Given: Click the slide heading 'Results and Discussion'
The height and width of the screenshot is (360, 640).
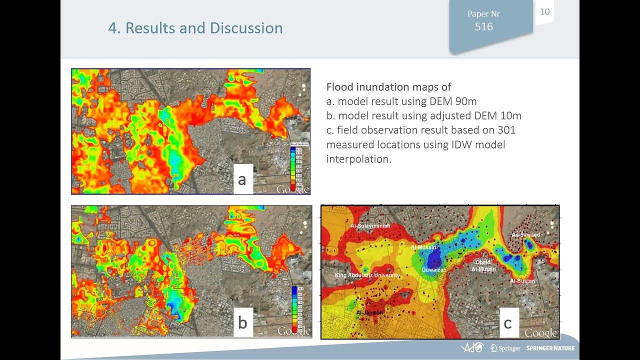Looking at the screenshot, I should click(x=195, y=28).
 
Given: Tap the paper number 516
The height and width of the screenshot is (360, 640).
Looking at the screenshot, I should click(x=483, y=27).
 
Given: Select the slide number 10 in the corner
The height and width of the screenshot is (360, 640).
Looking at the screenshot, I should click(x=545, y=11).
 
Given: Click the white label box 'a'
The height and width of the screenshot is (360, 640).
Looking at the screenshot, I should click(x=243, y=179).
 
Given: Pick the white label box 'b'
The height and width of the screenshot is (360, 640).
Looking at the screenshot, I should click(x=243, y=322).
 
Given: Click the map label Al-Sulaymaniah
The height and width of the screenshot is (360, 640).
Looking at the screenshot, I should click(x=370, y=226).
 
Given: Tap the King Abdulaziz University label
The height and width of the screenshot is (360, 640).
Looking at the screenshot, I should click(x=367, y=275).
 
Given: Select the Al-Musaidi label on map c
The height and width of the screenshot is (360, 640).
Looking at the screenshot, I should click(x=424, y=247).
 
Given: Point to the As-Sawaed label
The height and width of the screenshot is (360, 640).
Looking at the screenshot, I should click(x=526, y=235).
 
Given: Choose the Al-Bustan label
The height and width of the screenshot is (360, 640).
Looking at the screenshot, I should click(x=522, y=281).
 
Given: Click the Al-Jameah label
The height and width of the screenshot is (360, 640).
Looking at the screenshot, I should click(x=369, y=312).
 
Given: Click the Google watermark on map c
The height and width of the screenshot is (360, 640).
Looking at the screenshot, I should click(x=541, y=333).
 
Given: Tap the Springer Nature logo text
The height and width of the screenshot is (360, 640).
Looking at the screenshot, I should click(x=550, y=348).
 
